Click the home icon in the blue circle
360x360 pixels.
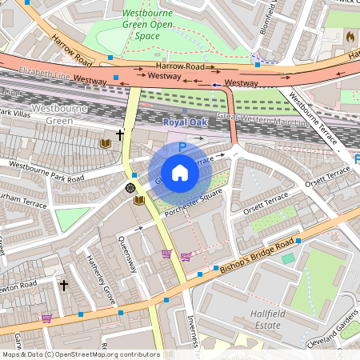click(180, 173)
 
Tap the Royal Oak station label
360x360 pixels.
click(184, 122)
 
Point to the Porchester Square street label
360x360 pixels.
click(191, 206)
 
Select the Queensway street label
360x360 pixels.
click(129, 254)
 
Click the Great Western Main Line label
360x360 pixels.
click(256, 119)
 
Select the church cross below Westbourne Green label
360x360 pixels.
click(121, 136)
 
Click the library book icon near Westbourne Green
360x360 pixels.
click(105, 143)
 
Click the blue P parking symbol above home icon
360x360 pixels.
click(182, 148)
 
